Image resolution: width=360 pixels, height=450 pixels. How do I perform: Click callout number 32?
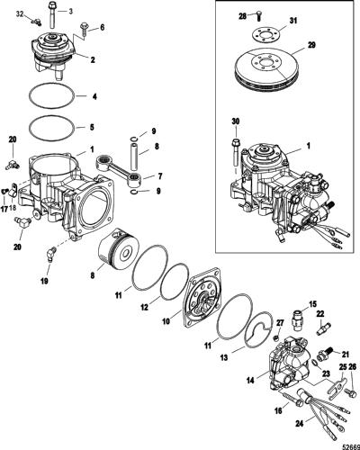pos(20,14)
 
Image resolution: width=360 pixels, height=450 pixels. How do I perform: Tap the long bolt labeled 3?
pos(52,14)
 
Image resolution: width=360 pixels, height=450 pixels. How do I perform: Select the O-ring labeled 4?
pos(51,96)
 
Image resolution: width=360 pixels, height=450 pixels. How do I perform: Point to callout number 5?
pos(92,127)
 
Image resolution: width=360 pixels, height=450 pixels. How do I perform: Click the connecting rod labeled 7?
pos(118,168)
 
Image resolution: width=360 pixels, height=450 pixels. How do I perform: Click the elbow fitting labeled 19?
pos(50,254)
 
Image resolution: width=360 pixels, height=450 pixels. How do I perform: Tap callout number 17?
pos(4,209)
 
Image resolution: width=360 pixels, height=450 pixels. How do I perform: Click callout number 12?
pos(145,308)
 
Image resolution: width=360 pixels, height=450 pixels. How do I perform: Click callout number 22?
pos(320,314)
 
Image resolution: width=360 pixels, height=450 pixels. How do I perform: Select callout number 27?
pos(280,323)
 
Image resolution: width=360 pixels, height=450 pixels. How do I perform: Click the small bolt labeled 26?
pos(350,392)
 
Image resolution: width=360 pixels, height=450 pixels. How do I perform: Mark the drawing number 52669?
pos(352,446)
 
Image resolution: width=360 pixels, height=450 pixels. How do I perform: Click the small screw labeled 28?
pos(258,15)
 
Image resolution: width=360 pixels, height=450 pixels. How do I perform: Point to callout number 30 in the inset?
pos(236,121)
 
